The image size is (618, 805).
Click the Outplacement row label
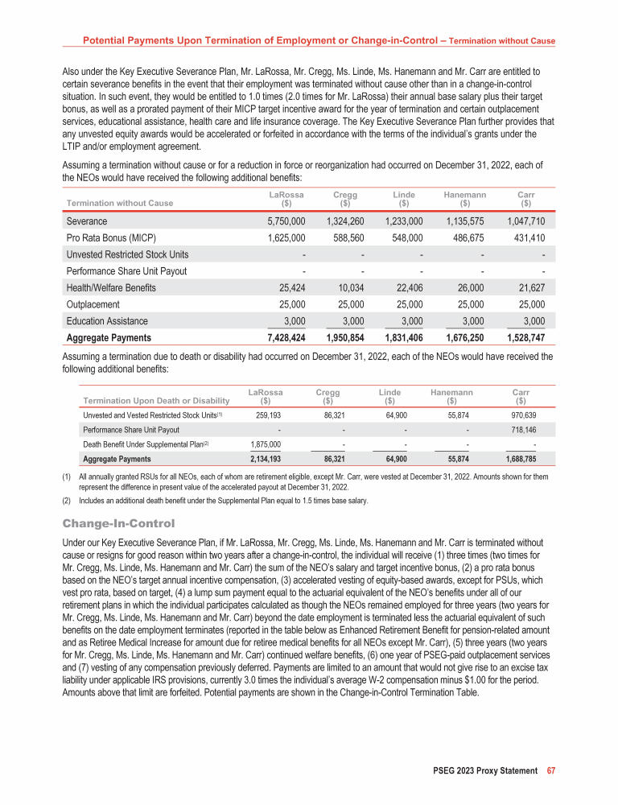pyautogui.click(x=93, y=304)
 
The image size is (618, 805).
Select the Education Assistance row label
pyautogui.click(x=107, y=321)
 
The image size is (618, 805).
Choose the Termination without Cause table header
pyautogui.click(x=120, y=203)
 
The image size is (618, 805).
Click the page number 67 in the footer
pyautogui.click(x=551, y=771)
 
